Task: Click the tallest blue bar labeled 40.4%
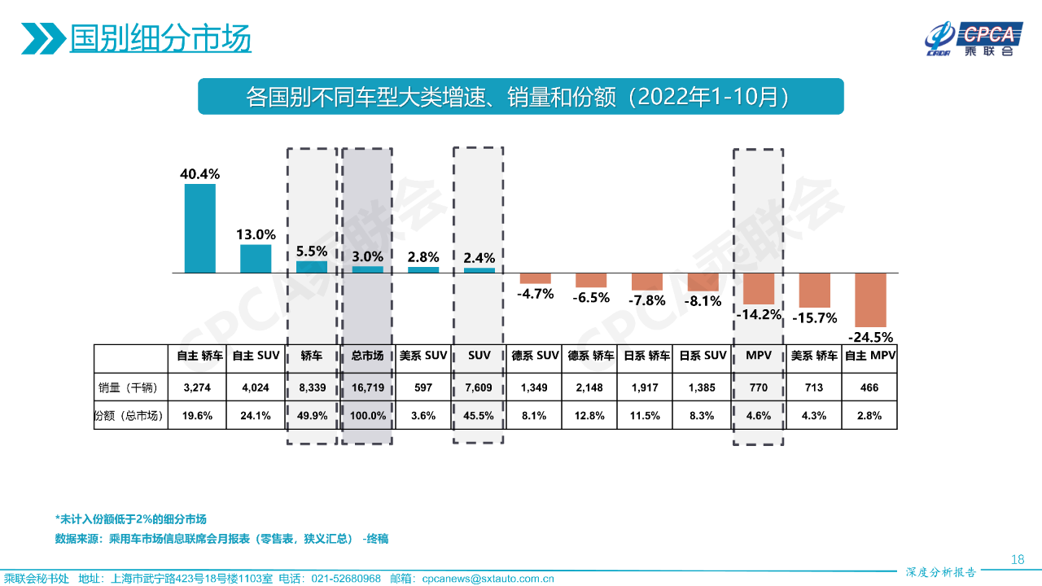click(x=200, y=228)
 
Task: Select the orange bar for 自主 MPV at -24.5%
click(x=870, y=300)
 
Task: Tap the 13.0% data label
click(x=256, y=234)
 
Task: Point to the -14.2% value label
click(x=758, y=314)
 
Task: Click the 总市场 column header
click(x=367, y=356)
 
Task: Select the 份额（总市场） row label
click(x=130, y=415)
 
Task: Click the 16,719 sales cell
click(x=367, y=387)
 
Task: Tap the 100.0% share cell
click(x=367, y=415)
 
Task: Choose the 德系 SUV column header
click(x=535, y=356)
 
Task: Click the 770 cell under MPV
click(x=758, y=387)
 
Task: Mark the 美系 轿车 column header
click(x=814, y=356)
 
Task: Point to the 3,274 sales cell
click(x=198, y=387)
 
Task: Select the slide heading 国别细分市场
click(x=160, y=38)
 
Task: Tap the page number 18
click(x=1017, y=559)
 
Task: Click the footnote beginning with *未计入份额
click(x=130, y=519)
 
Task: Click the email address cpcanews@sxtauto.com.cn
click(x=488, y=579)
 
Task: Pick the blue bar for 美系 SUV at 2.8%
click(x=423, y=269)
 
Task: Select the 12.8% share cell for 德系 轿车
click(x=590, y=415)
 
